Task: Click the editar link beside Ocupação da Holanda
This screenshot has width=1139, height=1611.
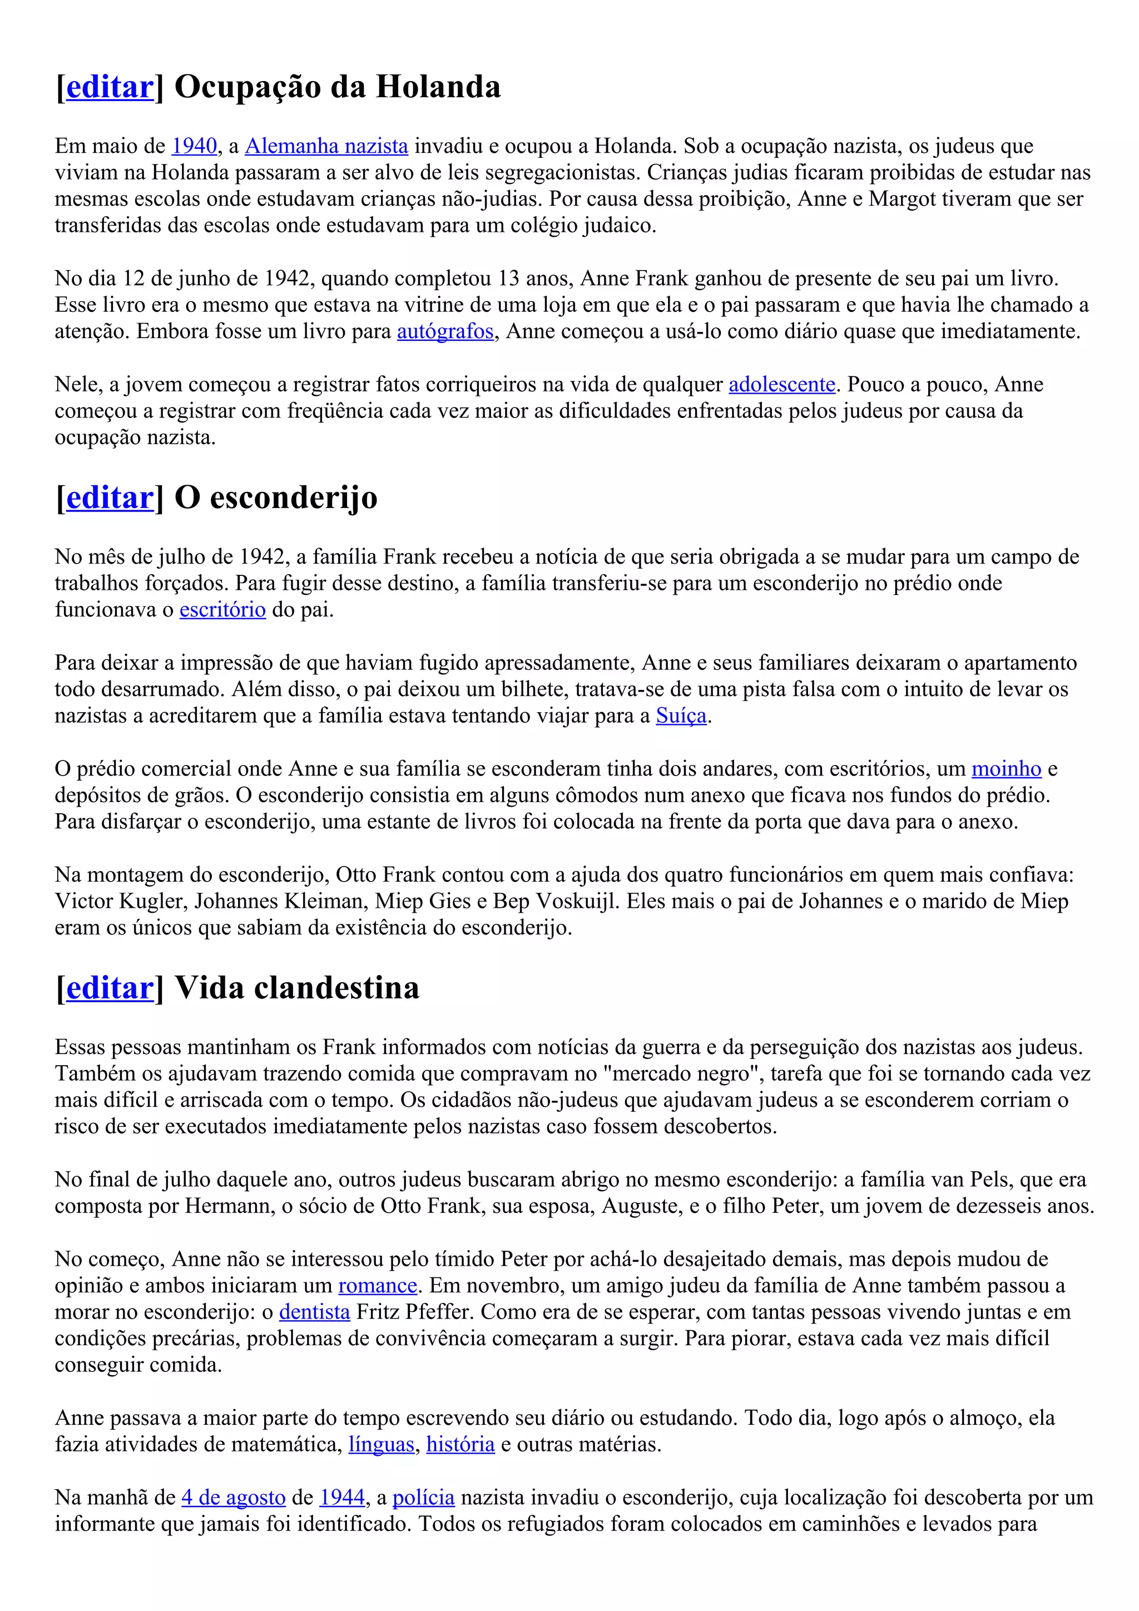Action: pyautogui.click(x=110, y=87)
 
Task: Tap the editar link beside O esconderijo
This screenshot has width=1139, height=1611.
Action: pyautogui.click(x=110, y=498)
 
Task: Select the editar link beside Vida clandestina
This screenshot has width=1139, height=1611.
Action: pyautogui.click(x=110, y=988)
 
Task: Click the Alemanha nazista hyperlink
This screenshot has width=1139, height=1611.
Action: pyautogui.click(x=326, y=146)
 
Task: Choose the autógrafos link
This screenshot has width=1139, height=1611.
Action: pyautogui.click(x=445, y=331)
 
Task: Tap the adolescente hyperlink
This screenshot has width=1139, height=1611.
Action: pyautogui.click(x=782, y=385)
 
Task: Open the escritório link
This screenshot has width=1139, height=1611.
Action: pyautogui.click(x=222, y=610)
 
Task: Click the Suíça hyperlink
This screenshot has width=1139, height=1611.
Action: pyautogui.click(x=681, y=715)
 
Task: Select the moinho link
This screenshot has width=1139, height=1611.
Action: pyautogui.click(x=1006, y=769)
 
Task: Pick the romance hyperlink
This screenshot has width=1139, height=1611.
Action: pyautogui.click(x=378, y=1285)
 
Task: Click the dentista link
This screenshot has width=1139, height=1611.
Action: pyautogui.click(x=314, y=1312)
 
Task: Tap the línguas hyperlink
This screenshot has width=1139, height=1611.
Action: pyautogui.click(x=382, y=1445)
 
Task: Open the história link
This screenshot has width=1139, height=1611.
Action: pyautogui.click(x=460, y=1445)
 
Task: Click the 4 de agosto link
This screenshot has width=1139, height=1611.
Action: pyautogui.click(x=233, y=1498)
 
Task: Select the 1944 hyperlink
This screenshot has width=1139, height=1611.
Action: pyautogui.click(x=342, y=1498)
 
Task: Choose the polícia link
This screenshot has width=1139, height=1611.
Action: pyautogui.click(x=423, y=1498)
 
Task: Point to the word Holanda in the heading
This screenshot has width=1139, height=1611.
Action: pyautogui.click(x=438, y=87)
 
